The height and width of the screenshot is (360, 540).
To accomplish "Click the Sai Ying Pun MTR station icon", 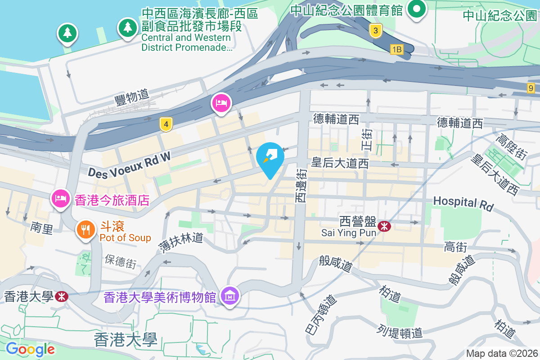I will pyautogui.click(x=384, y=226).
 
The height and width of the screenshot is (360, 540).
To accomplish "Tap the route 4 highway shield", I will pyautogui.click(x=166, y=125).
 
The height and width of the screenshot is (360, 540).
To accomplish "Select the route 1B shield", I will pyautogui.click(x=396, y=49).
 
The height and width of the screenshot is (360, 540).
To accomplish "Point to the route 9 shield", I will pyautogui.click(x=531, y=88).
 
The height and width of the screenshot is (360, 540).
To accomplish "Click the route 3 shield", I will pyautogui.click(x=375, y=31).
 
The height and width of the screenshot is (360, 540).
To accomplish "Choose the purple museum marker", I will pyautogui.click(x=230, y=296).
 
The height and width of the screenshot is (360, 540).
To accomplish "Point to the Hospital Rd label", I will pyautogui.click(x=463, y=203).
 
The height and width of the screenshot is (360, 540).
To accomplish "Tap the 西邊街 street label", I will pyautogui.click(x=301, y=185).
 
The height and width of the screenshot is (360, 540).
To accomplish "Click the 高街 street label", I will pyautogui.click(x=455, y=247).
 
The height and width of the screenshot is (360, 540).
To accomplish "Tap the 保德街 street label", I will pyautogui.click(x=120, y=261).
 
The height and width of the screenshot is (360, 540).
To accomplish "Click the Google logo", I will pyautogui.click(x=30, y=349).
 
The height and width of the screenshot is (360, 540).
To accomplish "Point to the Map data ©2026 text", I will pyautogui.click(x=501, y=353).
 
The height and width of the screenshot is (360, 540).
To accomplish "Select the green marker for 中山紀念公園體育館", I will pyautogui.click(x=417, y=9).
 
